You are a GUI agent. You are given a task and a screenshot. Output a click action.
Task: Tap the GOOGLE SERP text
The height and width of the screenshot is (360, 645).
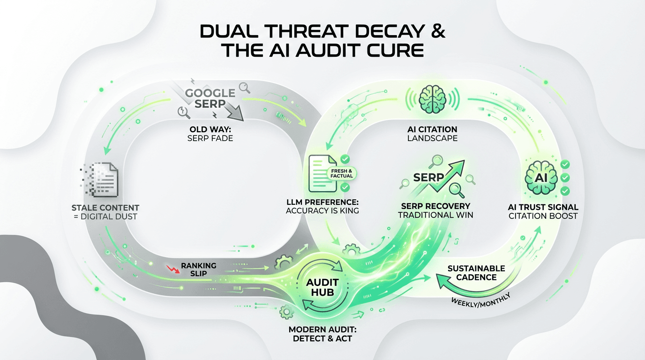[x=209, y=98]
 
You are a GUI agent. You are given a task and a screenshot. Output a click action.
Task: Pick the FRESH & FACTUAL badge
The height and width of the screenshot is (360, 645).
[x=342, y=173]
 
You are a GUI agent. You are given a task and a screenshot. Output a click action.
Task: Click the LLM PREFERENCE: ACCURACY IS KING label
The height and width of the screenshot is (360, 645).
[x=322, y=207]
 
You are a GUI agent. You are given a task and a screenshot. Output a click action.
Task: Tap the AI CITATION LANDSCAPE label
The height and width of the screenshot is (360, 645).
[x=432, y=134]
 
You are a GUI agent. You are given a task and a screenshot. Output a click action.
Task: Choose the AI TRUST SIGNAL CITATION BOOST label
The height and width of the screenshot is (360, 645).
[x=543, y=211]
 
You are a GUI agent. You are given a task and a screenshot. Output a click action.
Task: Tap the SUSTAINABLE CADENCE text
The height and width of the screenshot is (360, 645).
[x=476, y=273]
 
